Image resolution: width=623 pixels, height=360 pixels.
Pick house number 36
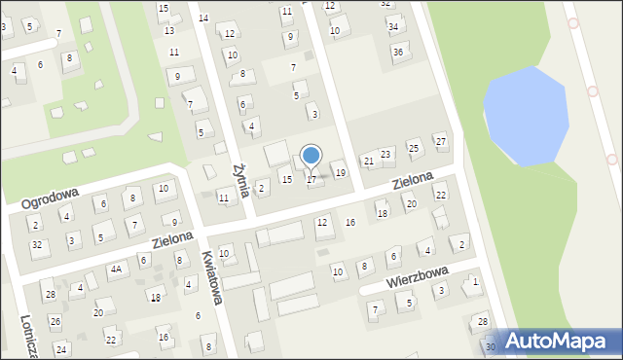[398, 51]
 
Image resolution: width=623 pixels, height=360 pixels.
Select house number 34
[393, 26]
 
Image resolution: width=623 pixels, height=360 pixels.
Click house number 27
[441, 141]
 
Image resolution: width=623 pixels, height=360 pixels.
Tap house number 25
[414, 148]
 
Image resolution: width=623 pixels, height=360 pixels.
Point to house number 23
[385, 154]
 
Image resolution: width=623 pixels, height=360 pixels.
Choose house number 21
[368, 161]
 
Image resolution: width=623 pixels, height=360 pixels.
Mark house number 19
[340, 172]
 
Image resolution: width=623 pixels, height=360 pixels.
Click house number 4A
[116, 269]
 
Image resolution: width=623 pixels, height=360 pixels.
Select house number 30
[491, 346]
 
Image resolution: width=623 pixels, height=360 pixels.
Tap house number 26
[55, 320]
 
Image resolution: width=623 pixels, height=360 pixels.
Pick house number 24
[61, 348]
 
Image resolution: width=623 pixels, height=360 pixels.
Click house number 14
[203, 18]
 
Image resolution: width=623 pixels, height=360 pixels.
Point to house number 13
[169, 30]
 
